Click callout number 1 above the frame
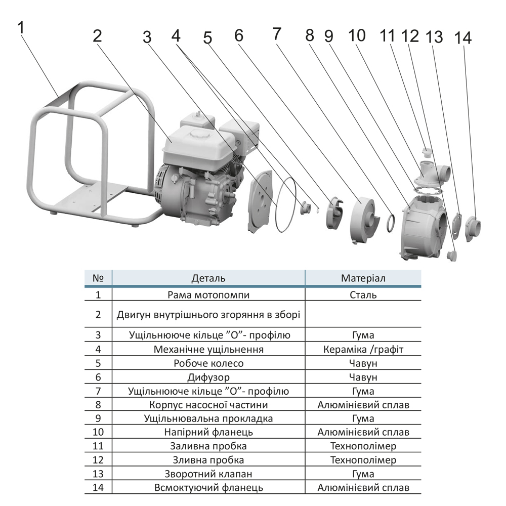[21, 28]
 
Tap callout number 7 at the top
[277, 34]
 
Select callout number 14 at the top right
[463, 38]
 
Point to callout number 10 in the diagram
[357, 35]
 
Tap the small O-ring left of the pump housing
[391, 223]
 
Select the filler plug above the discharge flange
[427, 152]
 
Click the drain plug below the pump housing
[451, 256]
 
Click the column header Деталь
[208, 278]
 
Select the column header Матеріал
[363, 278]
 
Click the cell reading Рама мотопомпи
[208, 295]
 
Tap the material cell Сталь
[363, 295]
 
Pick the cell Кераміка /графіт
[363, 350]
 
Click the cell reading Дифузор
[208, 377]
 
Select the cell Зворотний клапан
[208, 474]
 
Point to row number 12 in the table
[98, 460]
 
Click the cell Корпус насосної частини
[208, 405]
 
